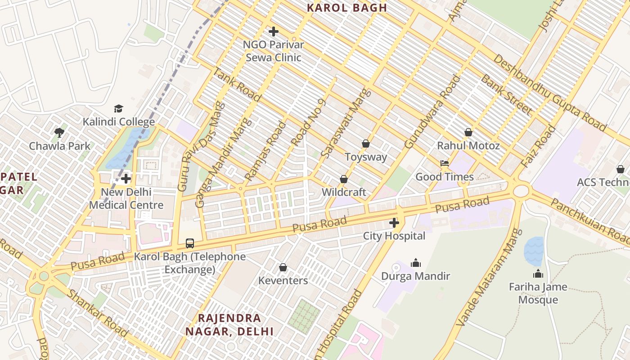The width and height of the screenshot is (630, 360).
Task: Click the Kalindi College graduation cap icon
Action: pyautogui.click(x=118, y=108)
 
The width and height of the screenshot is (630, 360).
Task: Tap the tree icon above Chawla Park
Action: pyautogui.click(x=59, y=132)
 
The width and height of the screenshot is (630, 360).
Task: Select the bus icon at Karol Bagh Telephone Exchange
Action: pyautogui.click(x=190, y=243)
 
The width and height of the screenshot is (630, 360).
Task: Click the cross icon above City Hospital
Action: pyautogui.click(x=394, y=223)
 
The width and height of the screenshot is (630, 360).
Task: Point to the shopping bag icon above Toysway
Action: pyautogui.click(x=365, y=144)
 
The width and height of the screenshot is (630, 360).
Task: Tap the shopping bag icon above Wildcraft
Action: pyautogui.click(x=344, y=179)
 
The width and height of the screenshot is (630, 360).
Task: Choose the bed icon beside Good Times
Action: pyautogui.click(x=445, y=163)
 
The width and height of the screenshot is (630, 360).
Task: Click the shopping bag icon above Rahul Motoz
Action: pyautogui.click(x=468, y=132)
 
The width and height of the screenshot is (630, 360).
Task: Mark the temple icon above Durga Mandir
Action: pyautogui.click(x=415, y=263)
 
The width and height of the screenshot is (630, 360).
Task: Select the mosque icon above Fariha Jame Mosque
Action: pyautogui.click(x=538, y=274)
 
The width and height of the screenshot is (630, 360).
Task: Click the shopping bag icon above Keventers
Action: pyautogui.click(x=283, y=268)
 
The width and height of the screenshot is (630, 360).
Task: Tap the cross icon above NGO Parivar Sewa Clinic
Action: pyautogui.click(x=273, y=31)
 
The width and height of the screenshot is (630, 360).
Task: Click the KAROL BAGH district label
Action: pyautogui.click(x=346, y=8)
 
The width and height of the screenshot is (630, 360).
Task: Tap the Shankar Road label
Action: pyautogui.click(x=97, y=313)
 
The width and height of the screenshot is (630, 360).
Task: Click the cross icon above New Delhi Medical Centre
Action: pyautogui.click(x=126, y=179)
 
